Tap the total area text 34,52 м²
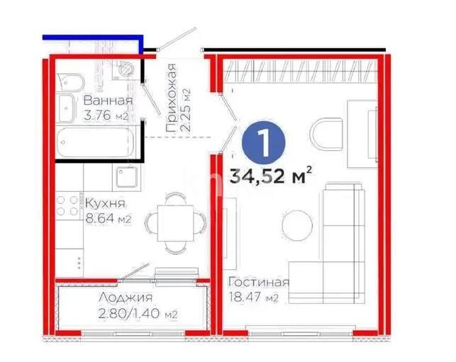(272, 175)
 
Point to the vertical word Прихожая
(171, 98)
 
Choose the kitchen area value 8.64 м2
(109, 219)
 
